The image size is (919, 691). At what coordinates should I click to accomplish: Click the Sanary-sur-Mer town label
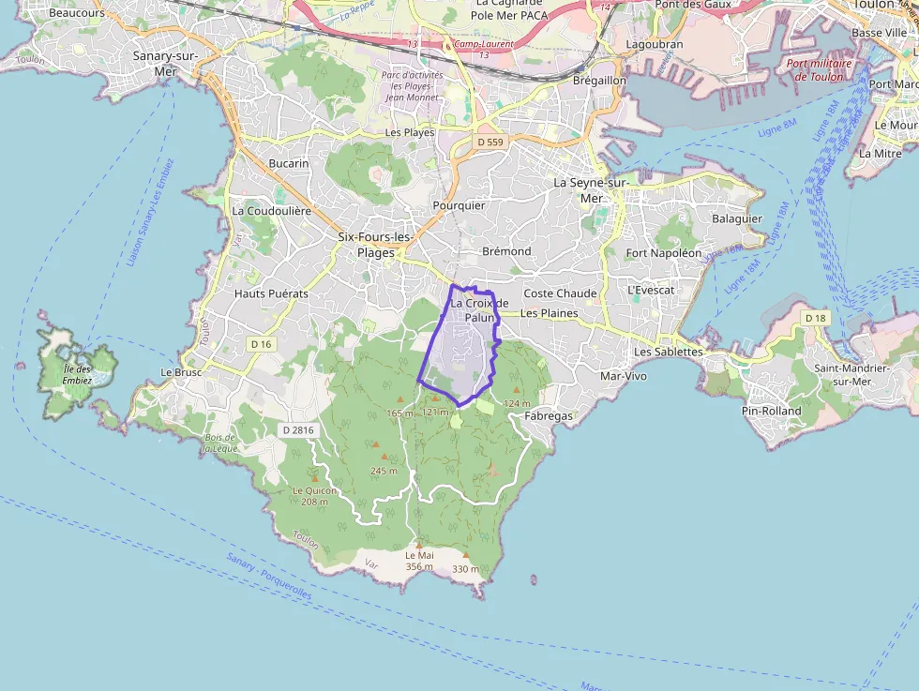pyautogui.click(x=154, y=63)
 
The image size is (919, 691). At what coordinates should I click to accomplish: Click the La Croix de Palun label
pyautogui.click(x=479, y=310)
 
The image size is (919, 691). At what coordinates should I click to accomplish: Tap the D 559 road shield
pyautogui.click(x=490, y=142)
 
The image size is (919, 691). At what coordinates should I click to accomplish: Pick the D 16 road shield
pyautogui.click(x=261, y=344)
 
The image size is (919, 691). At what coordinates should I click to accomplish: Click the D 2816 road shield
pyautogui.click(x=297, y=430)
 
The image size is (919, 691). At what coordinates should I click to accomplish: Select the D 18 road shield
pyautogui.click(x=816, y=319)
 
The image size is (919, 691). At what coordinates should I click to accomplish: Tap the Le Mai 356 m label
pyautogui.click(x=419, y=561)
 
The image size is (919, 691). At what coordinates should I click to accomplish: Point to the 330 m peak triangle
pyautogui.click(x=466, y=555)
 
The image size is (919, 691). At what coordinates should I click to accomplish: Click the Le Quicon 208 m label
pyautogui.click(x=314, y=496)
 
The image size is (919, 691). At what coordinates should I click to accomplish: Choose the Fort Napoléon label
pyautogui.click(x=664, y=253)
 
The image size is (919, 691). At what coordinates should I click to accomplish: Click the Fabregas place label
pyautogui.click(x=550, y=415)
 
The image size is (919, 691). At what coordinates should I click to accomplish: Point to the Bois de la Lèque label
pyautogui.click(x=221, y=443)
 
